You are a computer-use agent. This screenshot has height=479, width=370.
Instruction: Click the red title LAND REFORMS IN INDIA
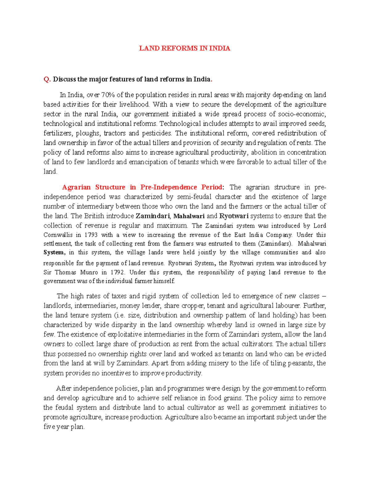tap(184, 48)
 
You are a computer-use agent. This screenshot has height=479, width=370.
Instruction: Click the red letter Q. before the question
tap(47, 79)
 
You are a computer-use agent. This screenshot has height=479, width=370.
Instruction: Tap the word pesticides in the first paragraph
tap(157, 133)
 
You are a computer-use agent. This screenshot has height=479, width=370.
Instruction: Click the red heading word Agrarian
tap(76, 187)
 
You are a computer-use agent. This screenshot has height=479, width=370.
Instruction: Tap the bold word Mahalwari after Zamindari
tap(189, 216)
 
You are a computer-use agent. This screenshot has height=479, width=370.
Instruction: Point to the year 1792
tap(117, 272)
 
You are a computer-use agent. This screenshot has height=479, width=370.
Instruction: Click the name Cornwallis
tap(58, 235)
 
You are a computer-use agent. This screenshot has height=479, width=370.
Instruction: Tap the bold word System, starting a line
tap(54, 252)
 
